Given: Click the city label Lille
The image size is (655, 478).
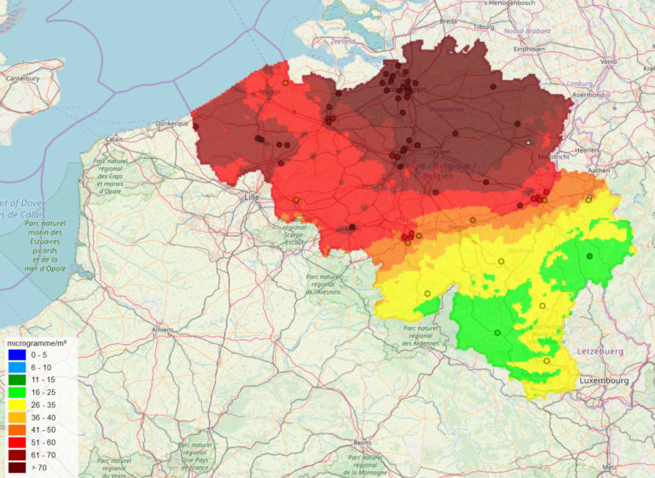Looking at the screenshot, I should (252, 197).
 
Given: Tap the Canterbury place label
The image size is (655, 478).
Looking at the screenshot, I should (21, 79).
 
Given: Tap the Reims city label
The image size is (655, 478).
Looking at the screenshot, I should (365, 444).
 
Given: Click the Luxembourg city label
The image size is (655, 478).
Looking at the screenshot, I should (604, 379).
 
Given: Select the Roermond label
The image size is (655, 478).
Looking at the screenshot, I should (612, 96).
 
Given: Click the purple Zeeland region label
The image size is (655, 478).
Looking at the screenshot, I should (342, 40).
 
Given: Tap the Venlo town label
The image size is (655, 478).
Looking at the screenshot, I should (608, 61).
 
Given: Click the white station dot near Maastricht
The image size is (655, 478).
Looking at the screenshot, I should (529, 143).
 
